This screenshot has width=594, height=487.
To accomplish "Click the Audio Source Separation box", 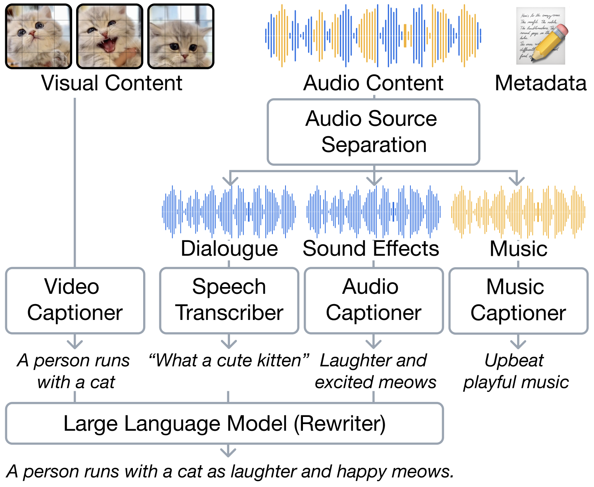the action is pyautogui.click(x=373, y=132).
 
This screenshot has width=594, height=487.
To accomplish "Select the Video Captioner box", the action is pyautogui.click(x=75, y=300).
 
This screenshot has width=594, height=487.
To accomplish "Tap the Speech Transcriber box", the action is pyautogui.click(x=229, y=300).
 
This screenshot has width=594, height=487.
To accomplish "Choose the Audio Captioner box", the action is pyautogui.click(x=374, y=300).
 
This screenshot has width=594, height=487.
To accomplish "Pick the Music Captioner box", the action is pyautogui.click(x=518, y=300).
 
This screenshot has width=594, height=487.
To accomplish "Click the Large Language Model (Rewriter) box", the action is pyautogui.click(x=224, y=423).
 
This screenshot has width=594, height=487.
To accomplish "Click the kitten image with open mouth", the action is pyautogui.click(x=109, y=36).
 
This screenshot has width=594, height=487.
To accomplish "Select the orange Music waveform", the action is pyautogui.click(x=518, y=211).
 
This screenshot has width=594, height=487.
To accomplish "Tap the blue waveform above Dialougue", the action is pyautogui.click(x=229, y=211).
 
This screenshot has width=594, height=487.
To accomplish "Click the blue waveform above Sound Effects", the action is pyautogui.click(x=374, y=211).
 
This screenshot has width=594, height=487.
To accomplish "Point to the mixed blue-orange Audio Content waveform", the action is pyautogui.click(x=373, y=36).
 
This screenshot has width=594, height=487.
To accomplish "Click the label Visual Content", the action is pyautogui.click(x=112, y=83).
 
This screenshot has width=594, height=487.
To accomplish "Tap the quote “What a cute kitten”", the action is pyautogui.click(x=229, y=360).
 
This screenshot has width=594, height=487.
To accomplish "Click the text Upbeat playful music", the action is pyautogui.click(x=516, y=371).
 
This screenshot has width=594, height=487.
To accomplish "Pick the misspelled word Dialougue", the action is pyautogui.click(x=229, y=249).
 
